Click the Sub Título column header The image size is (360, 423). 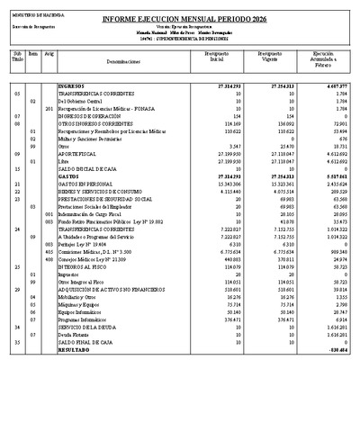(16, 58)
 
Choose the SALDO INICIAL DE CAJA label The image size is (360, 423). (87, 168)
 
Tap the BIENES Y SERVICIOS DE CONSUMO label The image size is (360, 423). (100, 191)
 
